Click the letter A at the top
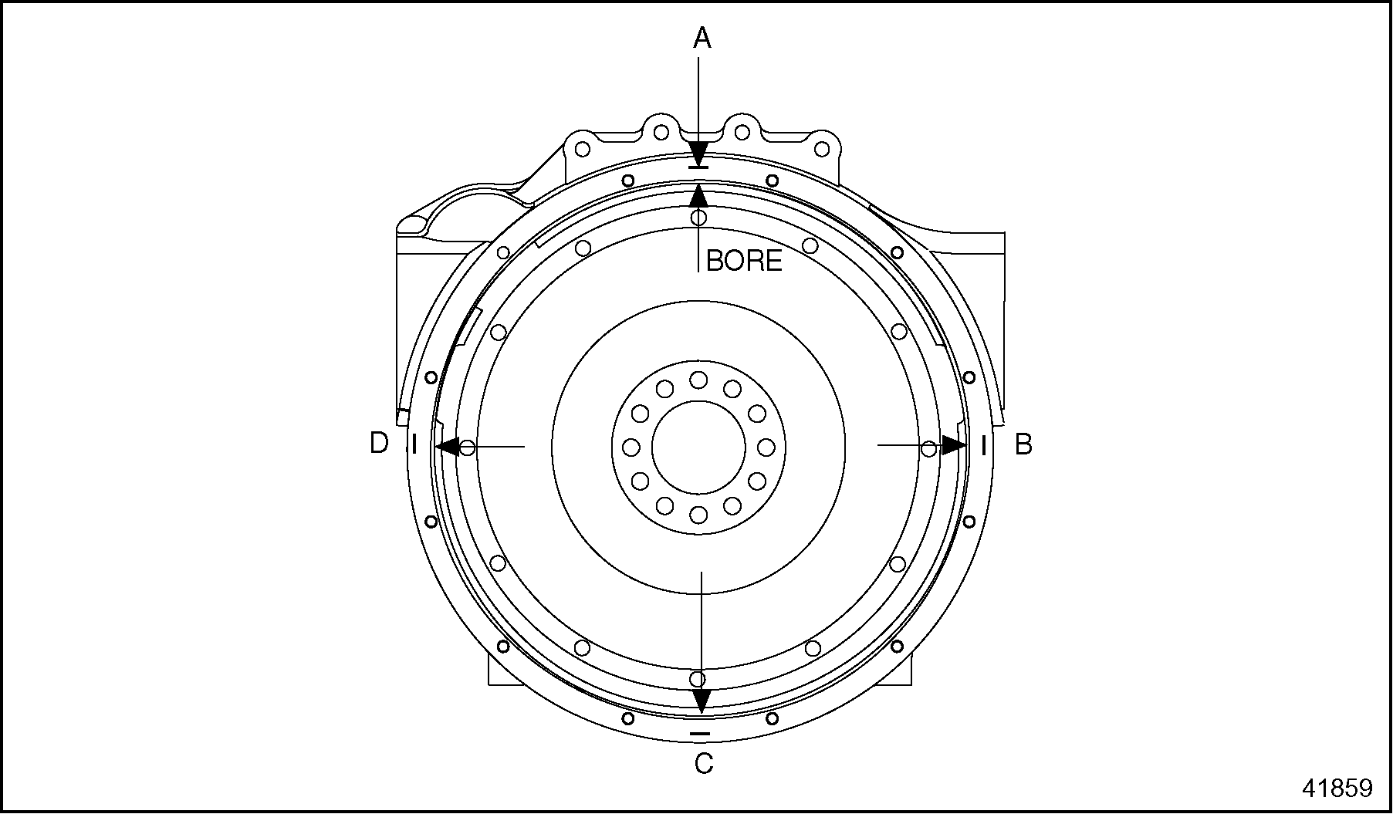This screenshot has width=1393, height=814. pos(702,37)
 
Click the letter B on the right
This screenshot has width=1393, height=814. pos(1023,445)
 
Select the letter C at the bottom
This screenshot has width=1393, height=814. pos(703,764)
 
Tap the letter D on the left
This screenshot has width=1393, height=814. pos(379,444)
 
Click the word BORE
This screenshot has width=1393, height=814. pos(743,261)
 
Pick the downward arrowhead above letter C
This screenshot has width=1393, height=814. pos(701,700)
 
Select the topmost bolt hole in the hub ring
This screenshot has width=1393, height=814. pos(698,380)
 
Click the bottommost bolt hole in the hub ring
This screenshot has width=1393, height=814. pos(698,514)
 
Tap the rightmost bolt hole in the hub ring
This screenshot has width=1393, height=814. pos(766,447)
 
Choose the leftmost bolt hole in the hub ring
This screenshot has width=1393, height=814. pos(631,447)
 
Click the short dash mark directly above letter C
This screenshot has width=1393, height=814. pos(700,733)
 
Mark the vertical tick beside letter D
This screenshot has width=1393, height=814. pos(414,445)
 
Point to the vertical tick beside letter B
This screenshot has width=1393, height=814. pos(983,445)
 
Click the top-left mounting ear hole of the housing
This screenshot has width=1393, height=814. pos(583,148)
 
